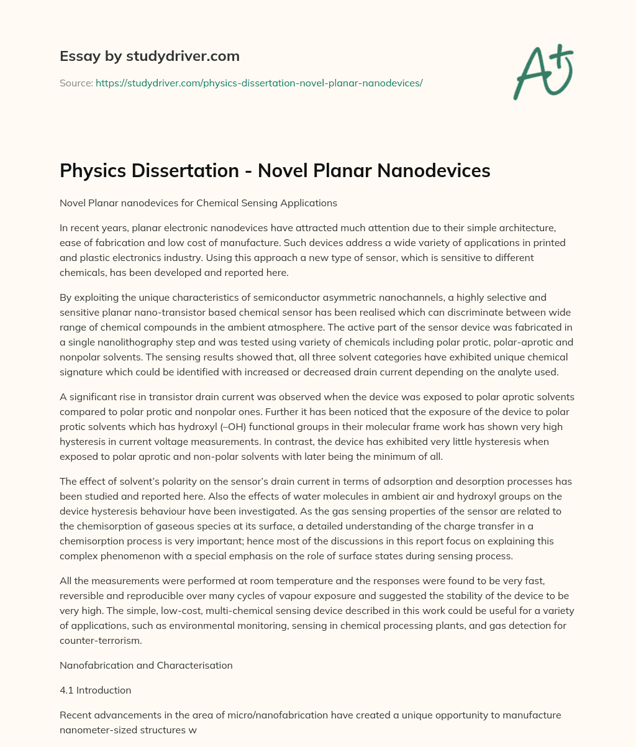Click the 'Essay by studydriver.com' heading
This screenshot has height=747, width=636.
click(149, 56)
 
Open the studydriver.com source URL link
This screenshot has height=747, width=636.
click(259, 83)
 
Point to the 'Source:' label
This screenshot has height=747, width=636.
click(76, 83)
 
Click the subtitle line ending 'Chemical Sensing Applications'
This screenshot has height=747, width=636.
click(198, 202)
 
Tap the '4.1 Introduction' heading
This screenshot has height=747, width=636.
click(95, 690)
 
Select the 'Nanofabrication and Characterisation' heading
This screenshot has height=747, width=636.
click(146, 665)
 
